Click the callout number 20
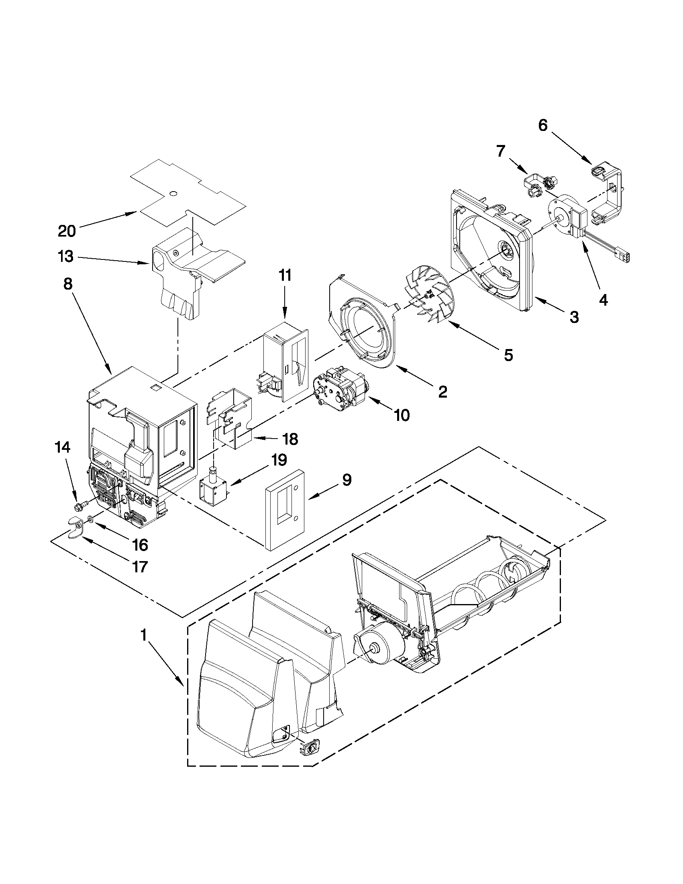pos(67,231)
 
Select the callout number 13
pos(66,256)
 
